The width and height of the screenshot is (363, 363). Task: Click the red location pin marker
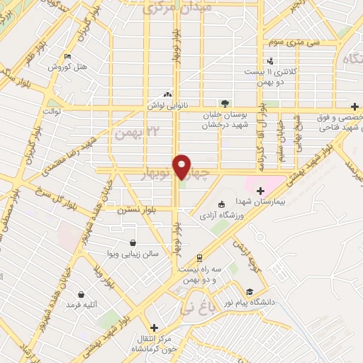coord(182,167)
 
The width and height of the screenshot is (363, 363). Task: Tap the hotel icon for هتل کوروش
coord(67,57)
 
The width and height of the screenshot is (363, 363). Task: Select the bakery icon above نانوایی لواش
coord(167,94)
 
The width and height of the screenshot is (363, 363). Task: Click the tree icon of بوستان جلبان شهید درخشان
coord(225,103)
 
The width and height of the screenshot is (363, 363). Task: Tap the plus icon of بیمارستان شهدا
coord(260,189)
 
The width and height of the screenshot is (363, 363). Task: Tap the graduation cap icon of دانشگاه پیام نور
coord(249,292)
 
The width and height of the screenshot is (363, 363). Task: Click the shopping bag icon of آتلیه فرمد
coord(82,294)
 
